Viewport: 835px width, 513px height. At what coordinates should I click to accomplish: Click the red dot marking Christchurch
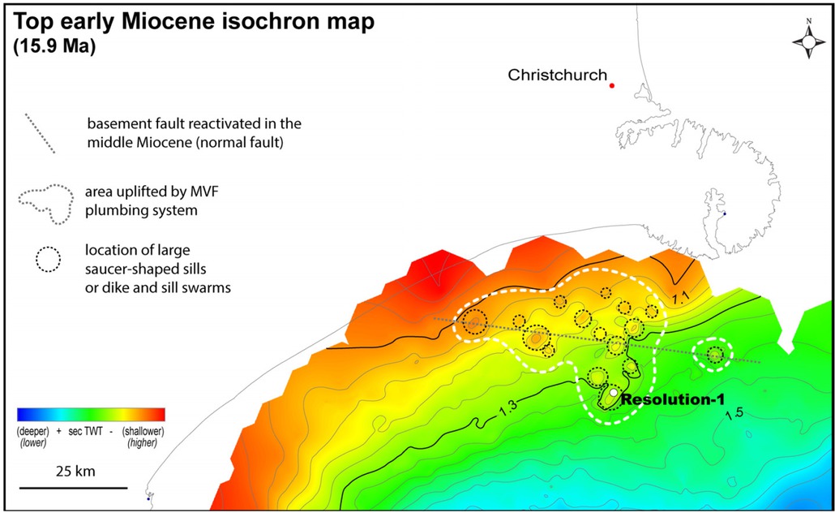click(x=612, y=85)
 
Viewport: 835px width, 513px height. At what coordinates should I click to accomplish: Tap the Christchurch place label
click(x=557, y=75)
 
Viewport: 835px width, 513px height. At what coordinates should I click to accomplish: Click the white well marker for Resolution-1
click(x=614, y=393)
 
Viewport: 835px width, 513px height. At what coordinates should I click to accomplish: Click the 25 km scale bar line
click(x=73, y=488)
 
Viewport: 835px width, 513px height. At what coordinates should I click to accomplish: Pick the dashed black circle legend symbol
click(x=48, y=259)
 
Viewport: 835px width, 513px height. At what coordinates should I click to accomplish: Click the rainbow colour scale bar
click(x=91, y=414)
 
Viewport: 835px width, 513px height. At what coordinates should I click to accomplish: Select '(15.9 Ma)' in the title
click(x=55, y=47)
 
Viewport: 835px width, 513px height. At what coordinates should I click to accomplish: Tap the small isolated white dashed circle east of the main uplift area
click(x=715, y=355)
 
